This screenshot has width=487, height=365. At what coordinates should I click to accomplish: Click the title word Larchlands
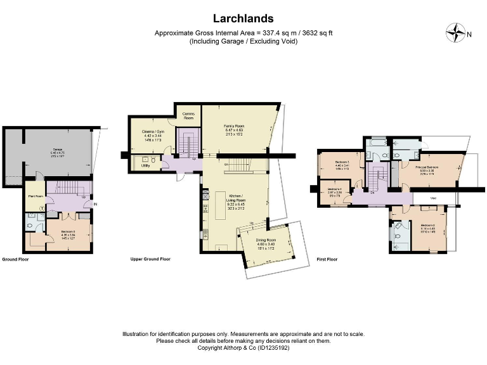(x=243, y=18)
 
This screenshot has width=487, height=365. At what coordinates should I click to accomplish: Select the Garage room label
(x=57, y=150)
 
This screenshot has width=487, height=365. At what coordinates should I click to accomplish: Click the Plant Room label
(x=36, y=196)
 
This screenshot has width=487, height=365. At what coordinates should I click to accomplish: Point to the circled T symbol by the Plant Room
(x=42, y=208)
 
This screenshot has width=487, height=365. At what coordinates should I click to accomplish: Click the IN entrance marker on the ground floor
(x=95, y=204)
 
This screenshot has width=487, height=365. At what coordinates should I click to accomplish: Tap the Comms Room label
(x=188, y=116)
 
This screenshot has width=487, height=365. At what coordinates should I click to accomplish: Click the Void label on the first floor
(x=433, y=198)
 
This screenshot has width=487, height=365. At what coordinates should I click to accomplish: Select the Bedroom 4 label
(x=335, y=189)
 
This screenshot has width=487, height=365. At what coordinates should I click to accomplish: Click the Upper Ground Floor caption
(x=150, y=259)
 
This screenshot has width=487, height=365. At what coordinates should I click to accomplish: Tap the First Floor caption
(x=327, y=259)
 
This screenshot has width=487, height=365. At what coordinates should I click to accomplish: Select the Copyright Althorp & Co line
(x=243, y=347)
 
